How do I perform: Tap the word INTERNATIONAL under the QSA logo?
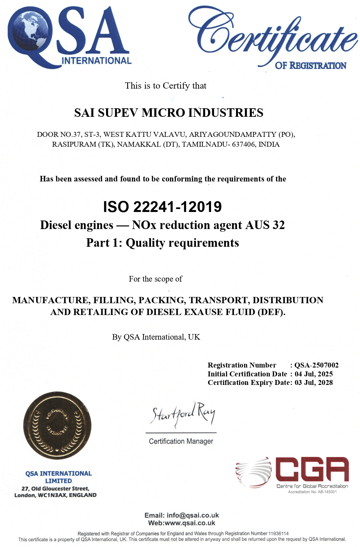pyautogui.click(x=97, y=60)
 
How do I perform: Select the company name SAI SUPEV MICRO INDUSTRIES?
pyautogui.click(x=169, y=113)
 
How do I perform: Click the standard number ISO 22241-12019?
pyautogui.click(x=162, y=207)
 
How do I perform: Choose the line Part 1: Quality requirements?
pyautogui.click(x=162, y=243)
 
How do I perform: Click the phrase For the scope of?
pyautogui.click(x=155, y=279)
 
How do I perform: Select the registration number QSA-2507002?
pyautogui.click(x=316, y=365)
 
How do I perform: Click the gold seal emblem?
pyautogui.click(x=57, y=425)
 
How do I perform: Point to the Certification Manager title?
pyautogui.click(x=181, y=441)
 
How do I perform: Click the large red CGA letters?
pyautogui.click(x=311, y=469)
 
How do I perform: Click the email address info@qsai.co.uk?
pyautogui.click(x=193, y=515)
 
